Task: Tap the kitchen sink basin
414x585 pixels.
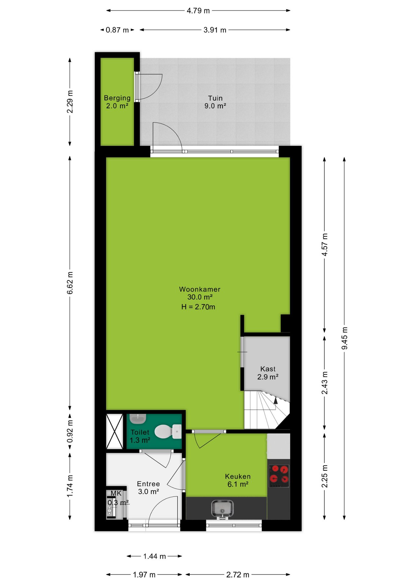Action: coord(222,509)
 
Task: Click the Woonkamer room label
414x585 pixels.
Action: coord(200,289)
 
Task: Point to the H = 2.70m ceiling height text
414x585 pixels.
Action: coord(198,307)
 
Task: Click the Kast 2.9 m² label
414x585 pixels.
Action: coord(268,373)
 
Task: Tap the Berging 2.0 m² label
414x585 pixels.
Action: coord(117,102)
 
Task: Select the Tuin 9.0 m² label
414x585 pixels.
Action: coord(215,102)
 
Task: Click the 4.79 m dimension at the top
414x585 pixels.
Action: coord(198,11)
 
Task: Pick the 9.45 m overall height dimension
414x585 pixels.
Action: coord(344,338)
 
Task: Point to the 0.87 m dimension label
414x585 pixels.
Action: coord(117,30)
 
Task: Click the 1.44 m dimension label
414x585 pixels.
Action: coord(155,556)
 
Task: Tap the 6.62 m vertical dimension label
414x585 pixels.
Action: coord(70,283)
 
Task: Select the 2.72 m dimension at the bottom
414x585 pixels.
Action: coord(238,575)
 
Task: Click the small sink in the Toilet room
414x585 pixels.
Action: coord(138,419)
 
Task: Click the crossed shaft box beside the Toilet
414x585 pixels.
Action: coord(114,431)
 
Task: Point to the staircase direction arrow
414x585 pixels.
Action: coord(276,400)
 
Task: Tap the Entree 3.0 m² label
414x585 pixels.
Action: coord(148,487)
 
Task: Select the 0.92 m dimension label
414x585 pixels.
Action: coord(70,431)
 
